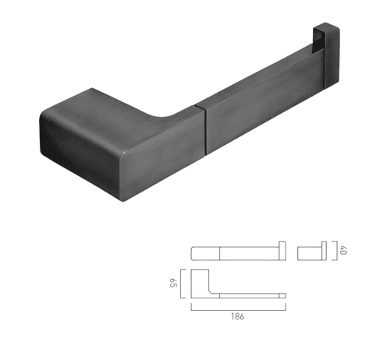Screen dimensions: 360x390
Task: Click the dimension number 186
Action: [239, 317]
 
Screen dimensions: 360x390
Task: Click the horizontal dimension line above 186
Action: [239, 308]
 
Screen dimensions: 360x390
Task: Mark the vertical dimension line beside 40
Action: [334, 250]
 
